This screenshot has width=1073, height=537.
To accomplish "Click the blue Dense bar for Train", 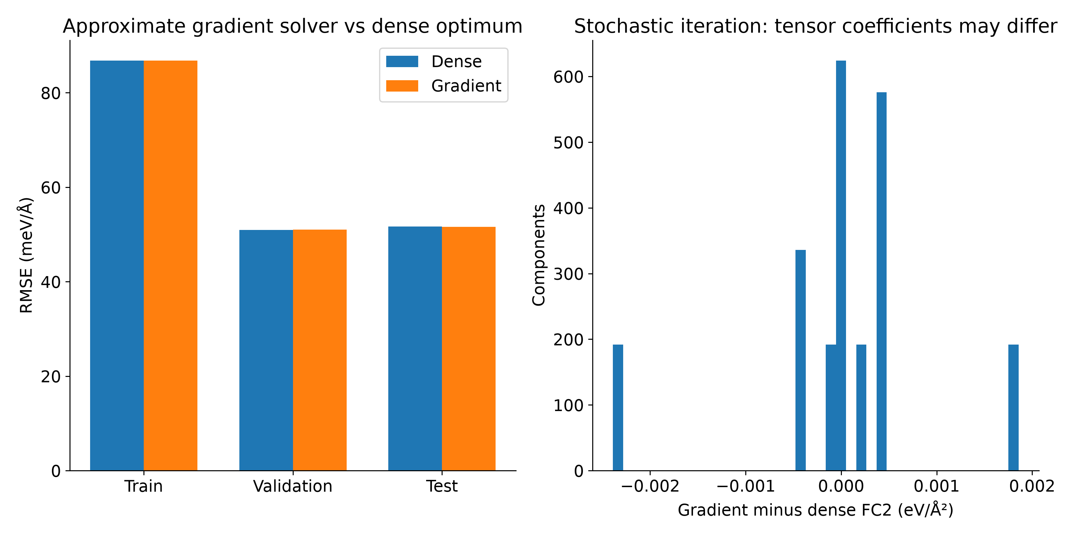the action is coord(117,266).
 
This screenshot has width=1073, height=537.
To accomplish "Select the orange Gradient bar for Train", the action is coord(170,266).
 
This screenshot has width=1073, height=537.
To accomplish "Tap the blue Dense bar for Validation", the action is coord(266,350).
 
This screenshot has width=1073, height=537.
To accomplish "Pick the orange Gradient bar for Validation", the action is coord(319,350).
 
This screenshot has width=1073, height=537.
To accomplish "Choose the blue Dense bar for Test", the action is coord(415,349).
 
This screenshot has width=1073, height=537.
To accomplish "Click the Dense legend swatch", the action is coord(402,62).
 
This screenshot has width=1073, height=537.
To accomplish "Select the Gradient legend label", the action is coord(466,86).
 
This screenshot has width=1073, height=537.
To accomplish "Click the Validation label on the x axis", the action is coord(293,486).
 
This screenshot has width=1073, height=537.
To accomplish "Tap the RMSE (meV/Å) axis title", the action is coord(26,255).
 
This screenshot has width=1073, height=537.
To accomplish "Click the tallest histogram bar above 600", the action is coord(841,266).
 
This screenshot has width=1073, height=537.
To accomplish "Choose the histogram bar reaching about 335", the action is coord(801,360).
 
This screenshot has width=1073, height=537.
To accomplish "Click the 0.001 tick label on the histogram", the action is coord(936,486).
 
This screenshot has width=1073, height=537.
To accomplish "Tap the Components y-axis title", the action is coord(539,255).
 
